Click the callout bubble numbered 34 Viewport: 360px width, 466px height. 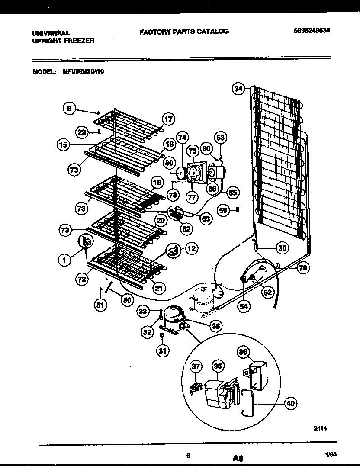point(238,89)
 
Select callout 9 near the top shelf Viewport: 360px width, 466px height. point(69,109)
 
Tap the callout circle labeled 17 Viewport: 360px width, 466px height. point(168,119)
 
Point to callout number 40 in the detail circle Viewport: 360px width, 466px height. point(291,404)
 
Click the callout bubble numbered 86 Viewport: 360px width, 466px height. point(243,352)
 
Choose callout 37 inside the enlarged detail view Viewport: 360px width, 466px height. point(196,366)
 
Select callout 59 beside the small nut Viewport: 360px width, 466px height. point(223,211)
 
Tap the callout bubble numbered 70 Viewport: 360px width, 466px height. point(303,268)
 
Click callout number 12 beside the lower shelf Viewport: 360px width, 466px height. point(191,248)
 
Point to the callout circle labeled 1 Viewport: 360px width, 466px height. point(64,260)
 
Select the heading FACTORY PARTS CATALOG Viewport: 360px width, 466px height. point(184,31)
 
